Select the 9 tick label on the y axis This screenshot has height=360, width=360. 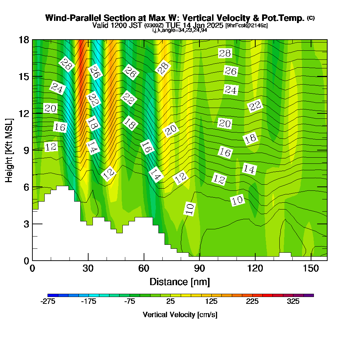[26, 150]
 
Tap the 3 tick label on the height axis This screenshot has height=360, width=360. [26, 224]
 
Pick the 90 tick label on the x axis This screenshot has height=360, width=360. [199, 269]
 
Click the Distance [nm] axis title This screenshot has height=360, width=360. [180, 281]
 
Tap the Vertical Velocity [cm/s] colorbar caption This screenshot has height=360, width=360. [180, 315]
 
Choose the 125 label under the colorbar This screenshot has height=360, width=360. [212, 302]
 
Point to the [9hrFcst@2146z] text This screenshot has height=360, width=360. [247, 26]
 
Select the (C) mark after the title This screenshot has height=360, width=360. [311, 18]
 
